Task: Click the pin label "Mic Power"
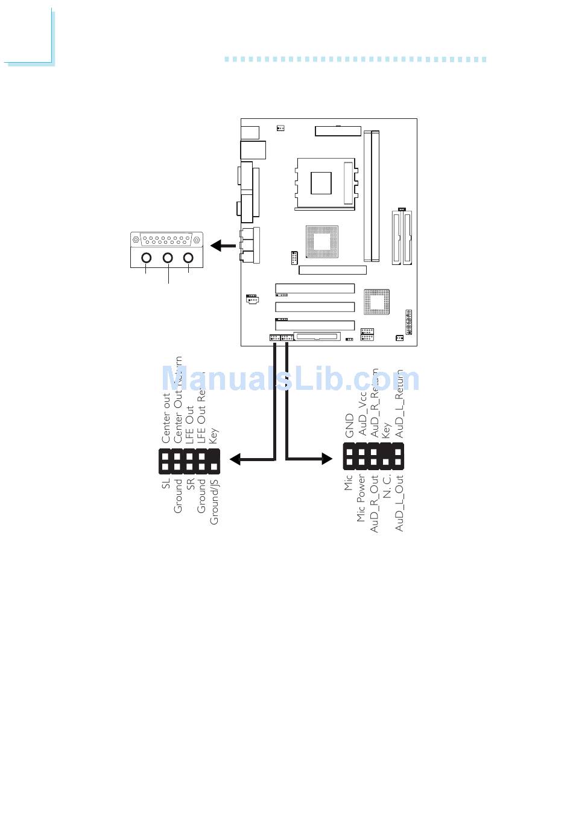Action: (x=361, y=498)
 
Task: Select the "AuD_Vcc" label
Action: (x=362, y=416)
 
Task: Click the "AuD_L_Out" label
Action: (x=399, y=503)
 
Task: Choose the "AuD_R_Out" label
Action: (x=374, y=503)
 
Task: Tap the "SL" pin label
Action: (x=166, y=483)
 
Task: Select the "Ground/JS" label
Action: (x=214, y=501)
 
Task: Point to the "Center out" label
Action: (x=166, y=418)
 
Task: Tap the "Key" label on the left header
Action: (x=214, y=435)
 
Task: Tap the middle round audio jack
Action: (x=168, y=258)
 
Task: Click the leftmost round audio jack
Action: (x=147, y=258)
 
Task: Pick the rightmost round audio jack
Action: (x=189, y=258)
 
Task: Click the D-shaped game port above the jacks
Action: (x=166, y=240)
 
